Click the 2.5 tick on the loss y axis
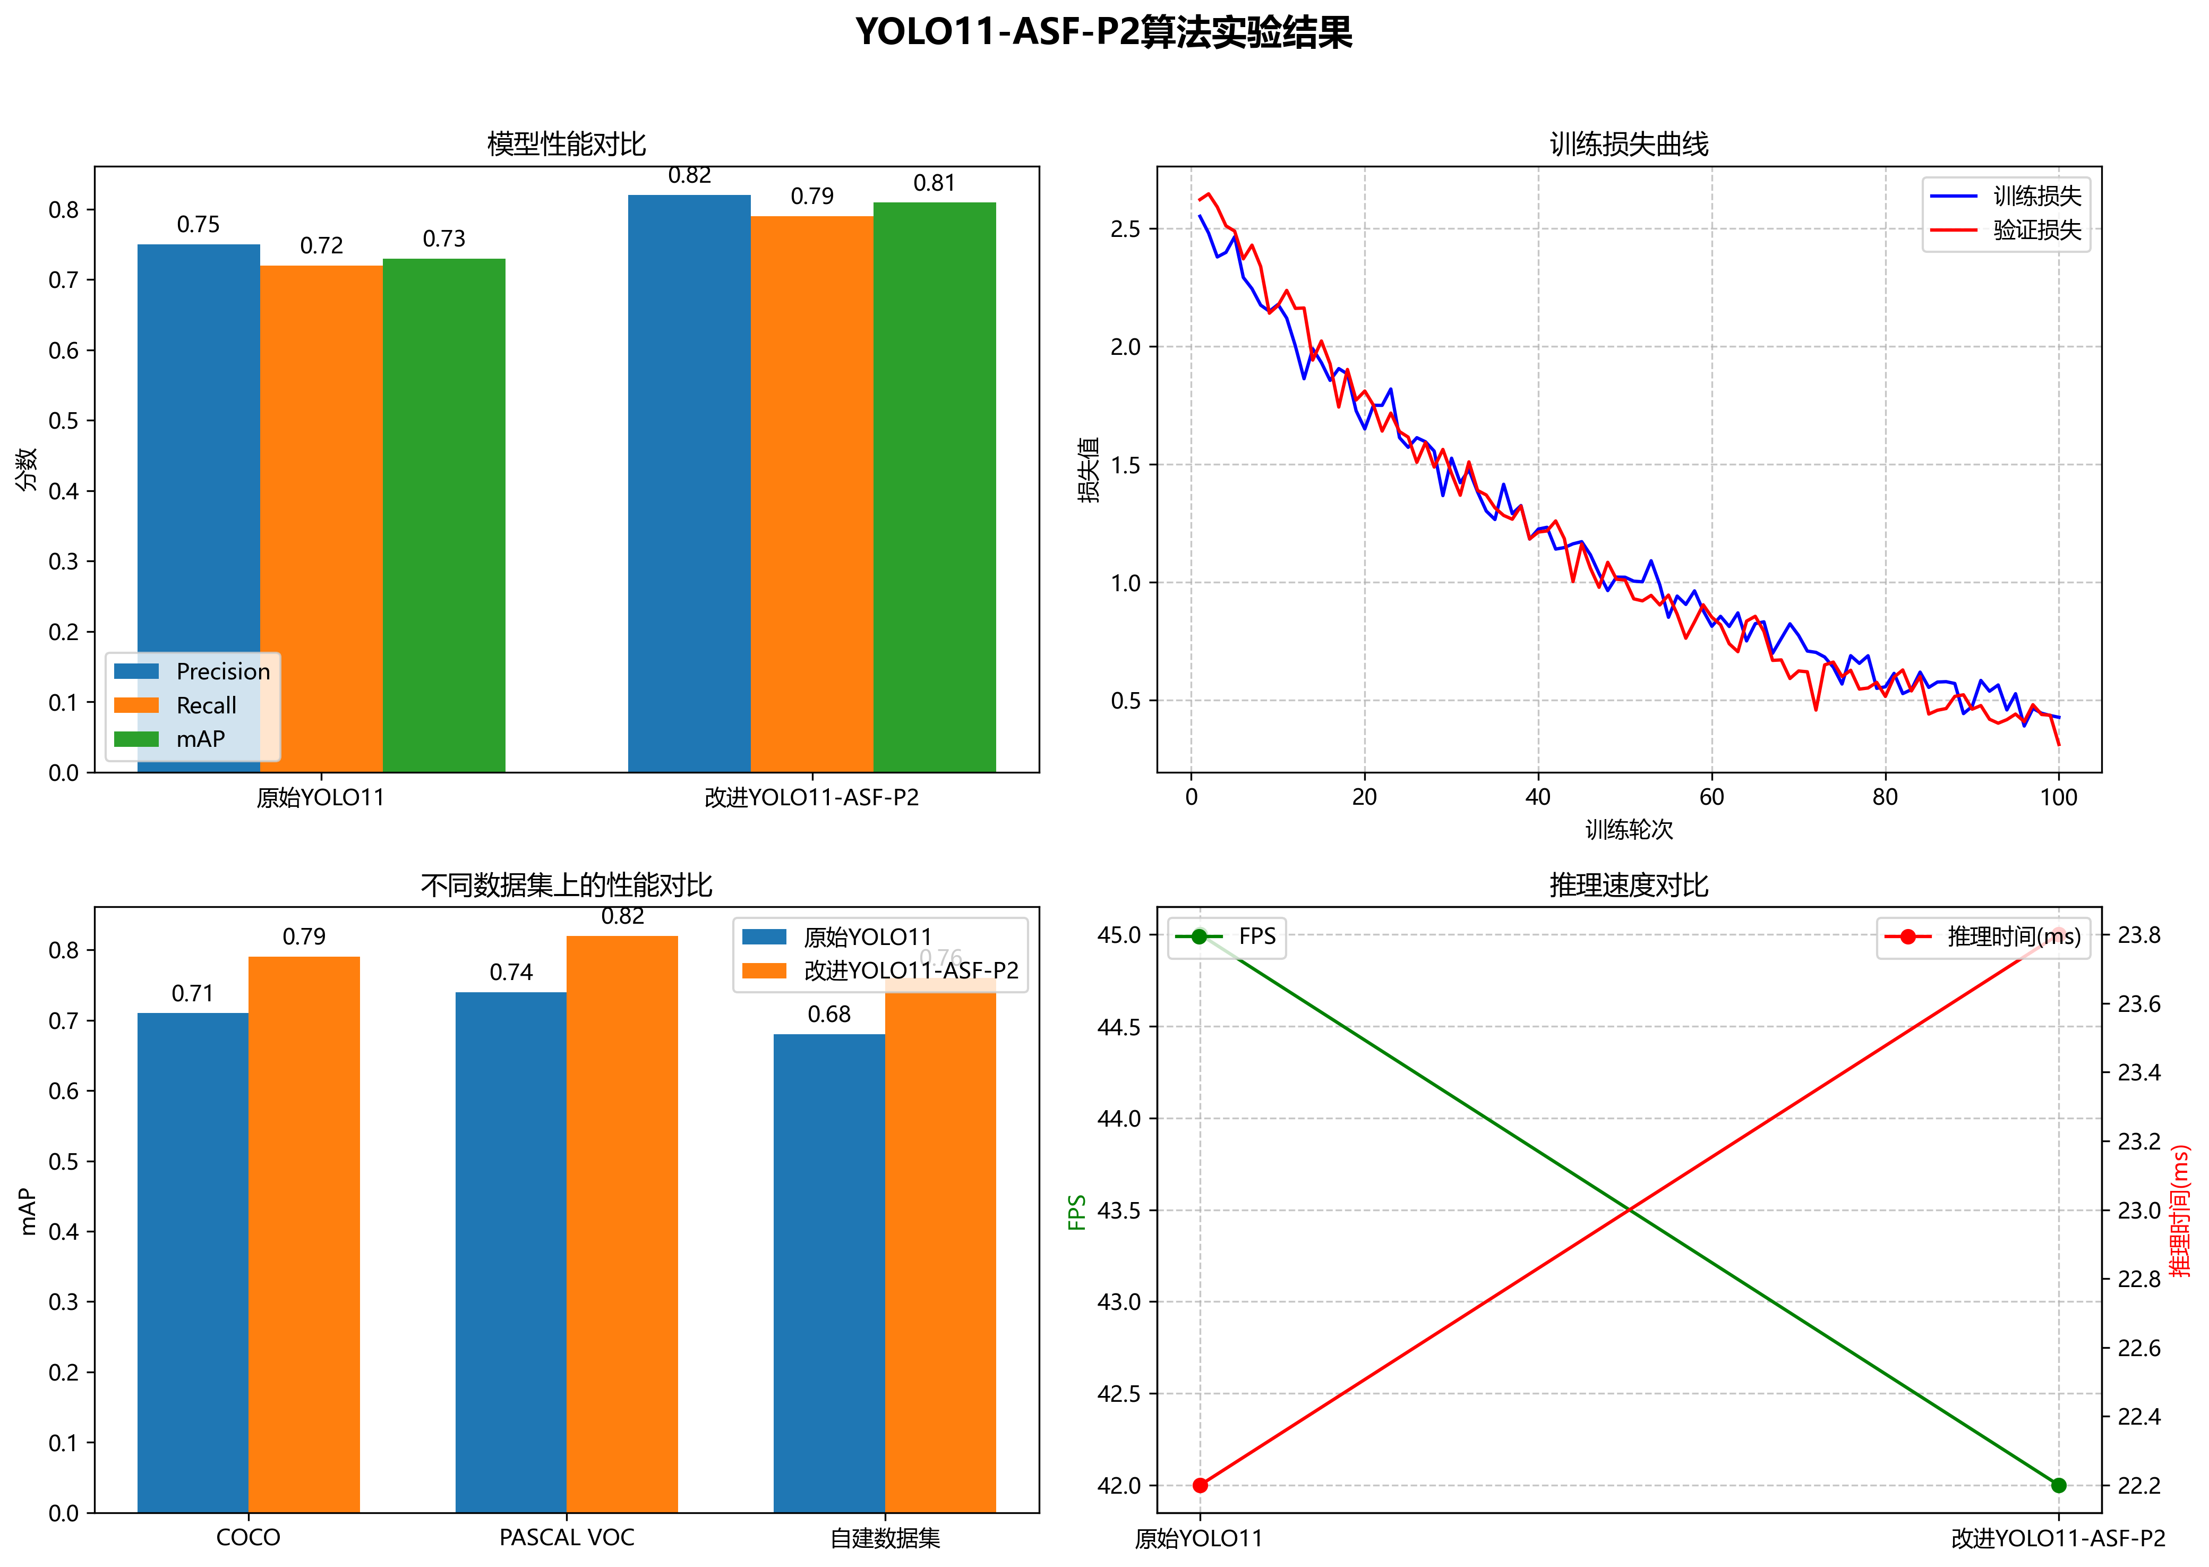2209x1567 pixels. pyautogui.click(x=1125, y=229)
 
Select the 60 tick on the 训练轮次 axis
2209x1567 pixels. pyautogui.click(x=1711, y=797)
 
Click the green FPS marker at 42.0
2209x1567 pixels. pyautogui.click(x=2059, y=1485)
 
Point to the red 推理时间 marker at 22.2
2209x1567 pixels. pyautogui.click(x=1200, y=1485)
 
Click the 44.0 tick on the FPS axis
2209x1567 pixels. pyautogui.click(x=1119, y=1118)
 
